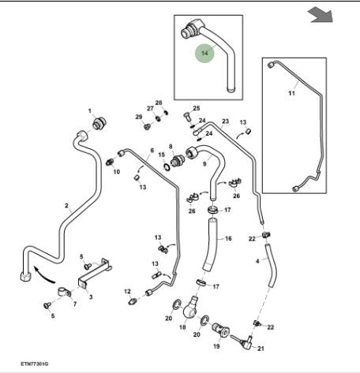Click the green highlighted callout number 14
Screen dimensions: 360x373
[x=204, y=53]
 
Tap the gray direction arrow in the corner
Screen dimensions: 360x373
[x=321, y=15]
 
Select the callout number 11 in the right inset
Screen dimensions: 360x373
[x=291, y=93]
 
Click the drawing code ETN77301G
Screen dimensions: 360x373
[x=35, y=364]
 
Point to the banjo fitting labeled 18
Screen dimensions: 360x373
[x=190, y=308]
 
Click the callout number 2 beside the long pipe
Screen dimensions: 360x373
[x=66, y=206]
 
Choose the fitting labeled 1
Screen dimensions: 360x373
[x=99, y=123]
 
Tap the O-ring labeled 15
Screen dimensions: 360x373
[x=167, y=167]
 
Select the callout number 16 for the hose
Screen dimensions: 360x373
[x=228, y=239]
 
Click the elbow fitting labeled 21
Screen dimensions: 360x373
[x=244, y=342]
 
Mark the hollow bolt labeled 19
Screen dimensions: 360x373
[x=220, y=330]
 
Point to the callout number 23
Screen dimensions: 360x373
[x=226, y=121]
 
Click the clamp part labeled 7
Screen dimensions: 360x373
[x=64, y=292]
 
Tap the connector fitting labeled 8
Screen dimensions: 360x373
[x=178, y=160]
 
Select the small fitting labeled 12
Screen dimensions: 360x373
[x=133, y=301]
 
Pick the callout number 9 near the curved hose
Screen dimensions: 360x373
[x=204, y=164]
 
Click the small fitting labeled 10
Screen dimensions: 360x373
[x=110, y=162]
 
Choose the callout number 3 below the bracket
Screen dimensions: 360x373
[x=91, y=297]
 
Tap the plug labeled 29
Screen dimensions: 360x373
[x=147, y=127]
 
